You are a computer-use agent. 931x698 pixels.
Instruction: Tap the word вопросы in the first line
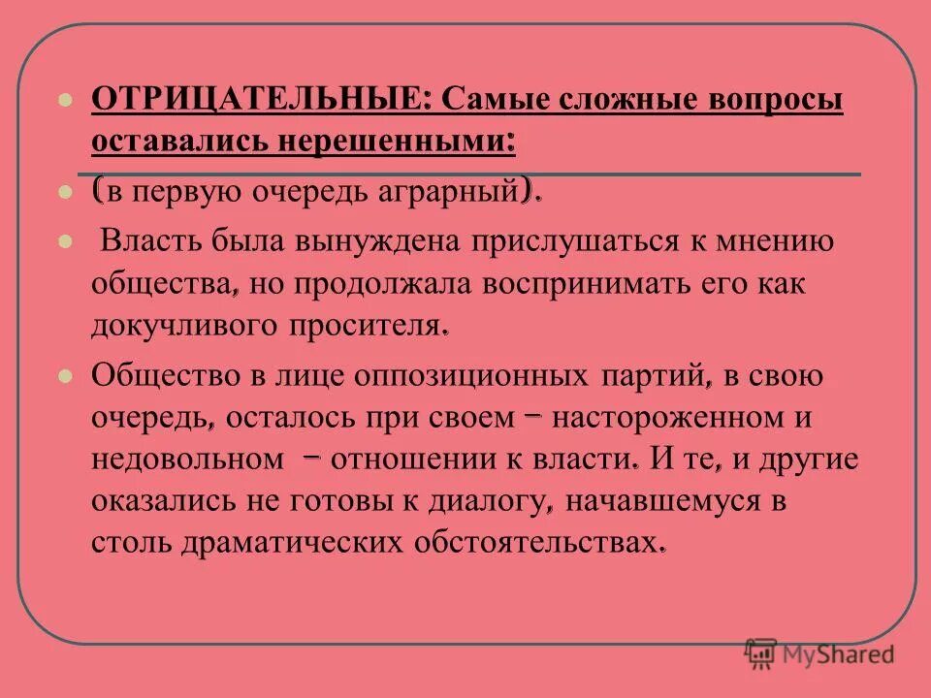click(772, 100)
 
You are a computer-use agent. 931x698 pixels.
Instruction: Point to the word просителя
click(366, 327)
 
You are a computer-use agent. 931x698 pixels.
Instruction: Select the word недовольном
click(182, 460)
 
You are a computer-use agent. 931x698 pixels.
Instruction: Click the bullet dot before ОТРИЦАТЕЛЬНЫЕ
click(65, 100)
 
